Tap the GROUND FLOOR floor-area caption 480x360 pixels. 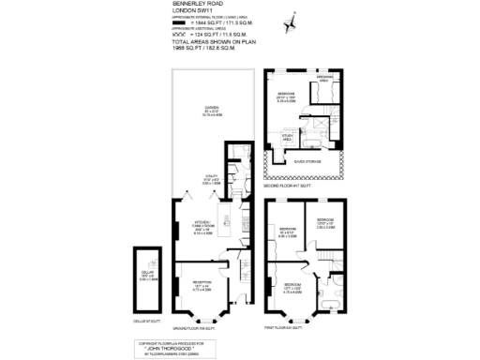[x=198, y=328]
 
